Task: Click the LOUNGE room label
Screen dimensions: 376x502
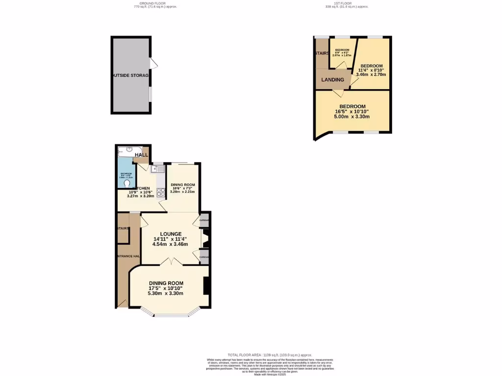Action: (x=170, y=234)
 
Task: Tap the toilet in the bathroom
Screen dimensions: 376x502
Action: (x=127, y=184)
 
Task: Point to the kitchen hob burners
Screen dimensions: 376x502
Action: (x=160, y=191)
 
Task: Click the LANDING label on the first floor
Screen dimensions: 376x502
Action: (x=332, y=80)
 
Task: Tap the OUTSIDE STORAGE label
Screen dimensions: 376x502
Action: (x=130, y=76)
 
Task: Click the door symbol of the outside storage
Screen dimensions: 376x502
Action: (x=153, y=64)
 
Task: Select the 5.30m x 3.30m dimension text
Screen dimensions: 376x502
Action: (x=166, y=294)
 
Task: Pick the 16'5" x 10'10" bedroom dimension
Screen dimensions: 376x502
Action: (x=352, y=112)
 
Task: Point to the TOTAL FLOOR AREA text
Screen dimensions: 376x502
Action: (x=270, y=355)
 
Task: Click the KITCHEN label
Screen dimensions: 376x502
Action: (x=141, y=188)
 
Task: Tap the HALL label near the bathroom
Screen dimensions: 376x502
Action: (x=142, y=155)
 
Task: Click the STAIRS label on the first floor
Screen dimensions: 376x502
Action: (x=322, y=53)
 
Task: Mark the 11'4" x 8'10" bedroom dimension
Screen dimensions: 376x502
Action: (x=372, y=70)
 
